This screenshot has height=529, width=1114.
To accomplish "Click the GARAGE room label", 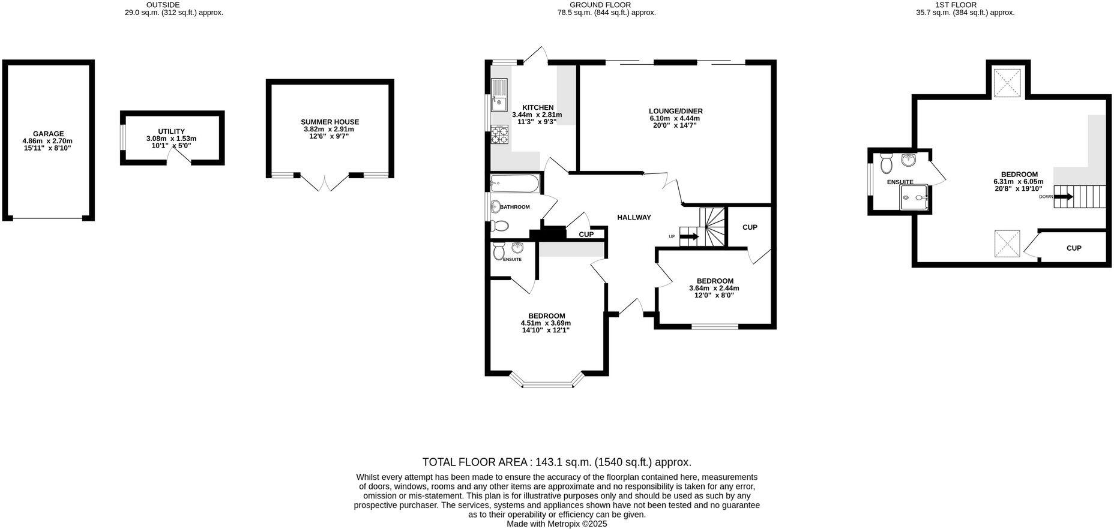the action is [x=48, y=134].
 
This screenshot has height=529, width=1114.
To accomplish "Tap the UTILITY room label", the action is [x=171, y=131].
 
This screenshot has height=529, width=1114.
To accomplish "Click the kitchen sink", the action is [x=499, y=97].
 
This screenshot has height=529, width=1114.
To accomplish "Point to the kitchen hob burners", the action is [x=499, y=135].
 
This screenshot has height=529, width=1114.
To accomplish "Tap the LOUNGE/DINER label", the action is [x=675, y=111].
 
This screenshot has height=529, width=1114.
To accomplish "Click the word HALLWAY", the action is [x=634, y=217].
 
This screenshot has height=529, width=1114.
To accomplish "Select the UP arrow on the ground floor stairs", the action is [x=689, y=236].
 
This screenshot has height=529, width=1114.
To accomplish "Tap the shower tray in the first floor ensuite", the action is [x=914, y=197].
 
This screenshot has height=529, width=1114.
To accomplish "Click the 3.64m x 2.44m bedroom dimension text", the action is [x=714, y=288].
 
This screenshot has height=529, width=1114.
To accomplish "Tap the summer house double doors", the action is [x=324, y=182].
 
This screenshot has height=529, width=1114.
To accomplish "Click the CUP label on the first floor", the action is [x=1074, y=248].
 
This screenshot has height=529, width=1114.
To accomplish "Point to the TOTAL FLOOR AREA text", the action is [x=557, y=462].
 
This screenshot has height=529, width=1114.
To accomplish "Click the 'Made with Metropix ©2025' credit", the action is [x=557, y=524].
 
